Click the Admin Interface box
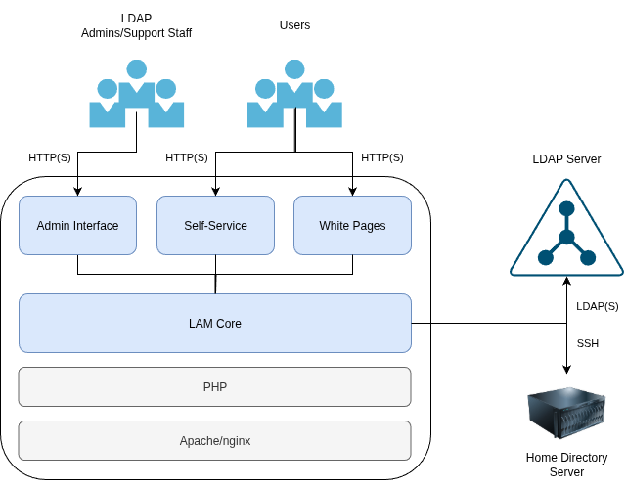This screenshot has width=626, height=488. coord(77,226)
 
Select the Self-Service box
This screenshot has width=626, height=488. coord(215,226)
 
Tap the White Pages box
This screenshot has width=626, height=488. coord(352,226)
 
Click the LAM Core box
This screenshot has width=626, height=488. coord(215,323)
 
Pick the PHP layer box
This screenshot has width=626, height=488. coord(215,386)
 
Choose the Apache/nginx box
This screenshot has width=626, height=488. coord(215,440)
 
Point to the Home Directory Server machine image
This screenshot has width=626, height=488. coord(567,415)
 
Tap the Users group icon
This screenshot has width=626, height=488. coord(294,95)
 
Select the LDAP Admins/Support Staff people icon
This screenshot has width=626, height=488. coord(136,95)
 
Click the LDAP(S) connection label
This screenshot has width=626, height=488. coord(597,306)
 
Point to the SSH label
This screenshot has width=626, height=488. coord(588,343)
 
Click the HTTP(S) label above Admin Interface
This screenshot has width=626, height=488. coord(50,157)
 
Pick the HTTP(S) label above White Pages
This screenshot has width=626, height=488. coord(382,157)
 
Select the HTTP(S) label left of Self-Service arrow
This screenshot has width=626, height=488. coord(187,157)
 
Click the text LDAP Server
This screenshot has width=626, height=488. coord(566,159)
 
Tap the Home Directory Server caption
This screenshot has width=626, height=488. coord(566,465)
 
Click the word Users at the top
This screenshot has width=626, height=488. coord(294,25)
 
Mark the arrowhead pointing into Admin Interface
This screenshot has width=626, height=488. coord(77,191)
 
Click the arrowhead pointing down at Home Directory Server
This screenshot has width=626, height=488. coord(566,369)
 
